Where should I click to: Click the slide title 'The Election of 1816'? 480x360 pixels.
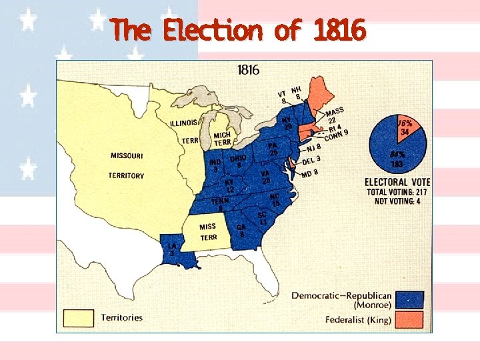(x=239, y=30)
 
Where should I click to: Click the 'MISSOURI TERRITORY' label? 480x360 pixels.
(x=126, y=165)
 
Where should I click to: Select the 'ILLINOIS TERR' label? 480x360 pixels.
(x=183, y=131)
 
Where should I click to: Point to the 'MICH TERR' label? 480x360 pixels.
(x=222, y=139)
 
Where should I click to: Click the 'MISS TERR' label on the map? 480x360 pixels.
(x=208, y=231)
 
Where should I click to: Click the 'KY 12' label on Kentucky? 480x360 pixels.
(x=229, y=186)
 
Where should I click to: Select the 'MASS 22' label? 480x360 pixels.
(x=334, y=115)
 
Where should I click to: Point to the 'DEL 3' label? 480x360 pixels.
(x=311, y=160)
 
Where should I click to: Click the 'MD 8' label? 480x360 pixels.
(x=309, y=173)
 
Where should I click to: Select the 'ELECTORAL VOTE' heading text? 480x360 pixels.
(x=397, y=182)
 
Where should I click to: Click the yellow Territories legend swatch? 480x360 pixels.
(x=79, y=318)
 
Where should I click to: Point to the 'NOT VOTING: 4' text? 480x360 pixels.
(x=397, y=201)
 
